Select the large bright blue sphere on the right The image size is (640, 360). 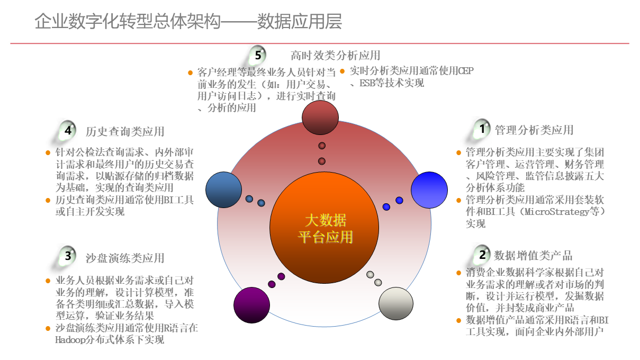click(429, 190)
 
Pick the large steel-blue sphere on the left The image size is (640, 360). click(223, 190)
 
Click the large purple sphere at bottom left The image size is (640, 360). click(251, 305)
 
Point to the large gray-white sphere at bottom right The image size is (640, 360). click(396, 303)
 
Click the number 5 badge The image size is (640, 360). click(258, 55)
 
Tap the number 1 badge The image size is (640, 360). click(482, 129)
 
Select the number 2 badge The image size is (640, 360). click(482, 255)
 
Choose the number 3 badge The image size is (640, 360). click(68, 256)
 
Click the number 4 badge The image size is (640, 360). click(68, 130)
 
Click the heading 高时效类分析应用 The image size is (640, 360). click(335, 55)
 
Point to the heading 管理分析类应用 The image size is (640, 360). click(534, 130)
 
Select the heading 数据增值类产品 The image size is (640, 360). click(533, 256)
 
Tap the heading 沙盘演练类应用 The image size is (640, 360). click(125, 258)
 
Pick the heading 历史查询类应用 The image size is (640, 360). click(125, 131)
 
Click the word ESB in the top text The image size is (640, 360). click(367, 83)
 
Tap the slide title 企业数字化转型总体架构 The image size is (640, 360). click(127, 22)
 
